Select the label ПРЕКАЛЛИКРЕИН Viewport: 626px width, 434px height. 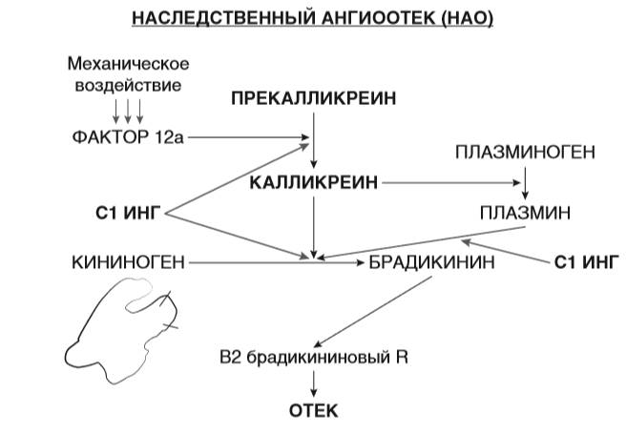click(x=314, y=98)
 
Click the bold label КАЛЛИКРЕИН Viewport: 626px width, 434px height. click(x=314, y=180)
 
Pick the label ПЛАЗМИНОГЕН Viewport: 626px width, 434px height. click(x=525, y=152)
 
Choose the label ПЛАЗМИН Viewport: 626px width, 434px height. click(x=525, y=212)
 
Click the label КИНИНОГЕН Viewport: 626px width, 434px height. click(x=128, y=259)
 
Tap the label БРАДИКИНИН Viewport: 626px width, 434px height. click(x=430, y=259)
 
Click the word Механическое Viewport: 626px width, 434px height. click(x=129, y=64)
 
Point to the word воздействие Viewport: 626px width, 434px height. click(x=128, y=84)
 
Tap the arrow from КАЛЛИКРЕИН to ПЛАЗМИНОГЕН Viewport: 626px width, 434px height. click(x=449, y=180)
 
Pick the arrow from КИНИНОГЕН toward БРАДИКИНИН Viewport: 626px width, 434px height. click(x=248, y=259)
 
